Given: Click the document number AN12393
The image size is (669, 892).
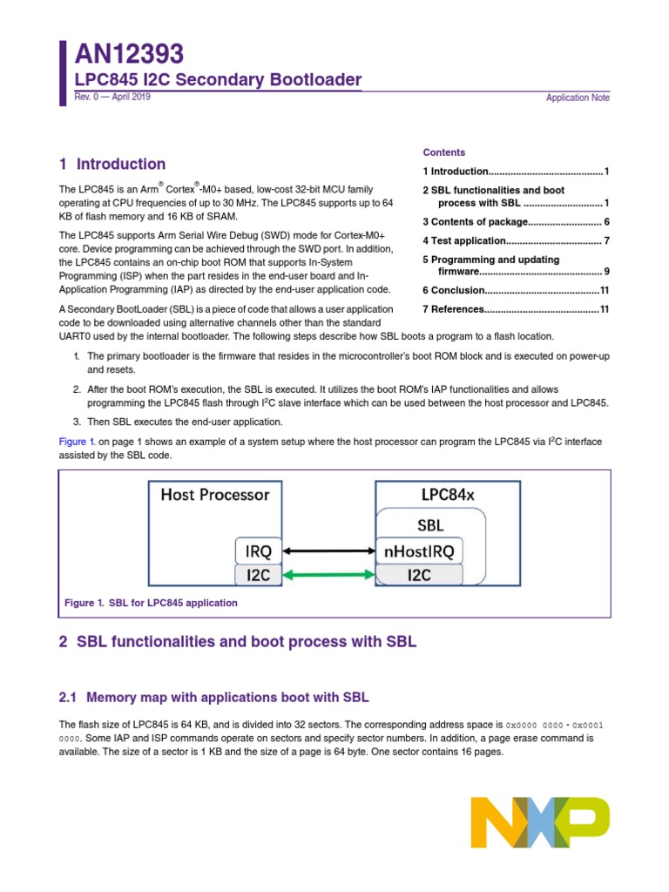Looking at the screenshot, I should point(129,55).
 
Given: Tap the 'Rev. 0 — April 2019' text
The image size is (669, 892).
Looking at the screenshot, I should point(111,98).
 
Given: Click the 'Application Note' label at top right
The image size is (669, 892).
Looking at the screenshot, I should point(578,98).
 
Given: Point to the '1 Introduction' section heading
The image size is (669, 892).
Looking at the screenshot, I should point(112,164).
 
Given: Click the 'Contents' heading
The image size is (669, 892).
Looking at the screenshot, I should point(444,152).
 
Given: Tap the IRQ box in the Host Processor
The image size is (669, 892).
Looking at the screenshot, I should point(260,551).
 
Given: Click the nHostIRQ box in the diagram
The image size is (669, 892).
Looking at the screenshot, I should point(419,551).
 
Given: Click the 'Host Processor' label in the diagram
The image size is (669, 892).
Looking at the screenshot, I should point(215,495).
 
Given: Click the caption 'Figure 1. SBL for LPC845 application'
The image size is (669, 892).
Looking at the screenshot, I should point(151,603).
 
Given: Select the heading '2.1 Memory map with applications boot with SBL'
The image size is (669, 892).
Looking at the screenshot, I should point(213,698).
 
